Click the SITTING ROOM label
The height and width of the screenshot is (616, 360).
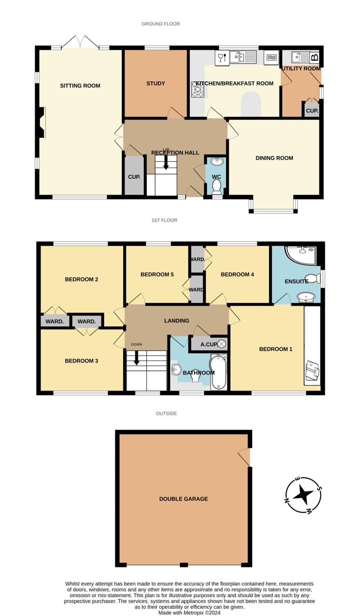click(80, 86)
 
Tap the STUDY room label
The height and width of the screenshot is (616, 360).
click(156, 83)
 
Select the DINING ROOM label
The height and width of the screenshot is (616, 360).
click(274, 158)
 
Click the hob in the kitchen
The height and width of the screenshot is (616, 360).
click(198, 89)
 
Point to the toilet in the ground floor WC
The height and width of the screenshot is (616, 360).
click(217, 186)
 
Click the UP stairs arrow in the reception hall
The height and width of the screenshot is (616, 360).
click(166, 163)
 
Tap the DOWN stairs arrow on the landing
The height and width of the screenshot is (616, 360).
click(137, 358)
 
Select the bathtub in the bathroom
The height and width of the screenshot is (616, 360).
click(219, 372)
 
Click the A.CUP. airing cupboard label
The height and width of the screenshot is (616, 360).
click(209, 344)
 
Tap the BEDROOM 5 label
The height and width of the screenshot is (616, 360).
click(157, 274)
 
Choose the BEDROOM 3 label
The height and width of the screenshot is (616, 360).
click(81, 361)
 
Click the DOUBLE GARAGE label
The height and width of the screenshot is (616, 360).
click(183, 499)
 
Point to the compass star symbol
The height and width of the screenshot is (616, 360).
click(303, 495)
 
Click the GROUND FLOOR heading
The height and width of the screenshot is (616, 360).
click(161, 24)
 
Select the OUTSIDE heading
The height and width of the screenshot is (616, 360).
click(166, 413)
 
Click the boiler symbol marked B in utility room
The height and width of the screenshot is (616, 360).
click(315, 57)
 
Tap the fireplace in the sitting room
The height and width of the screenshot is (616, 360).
click(42, 122)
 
